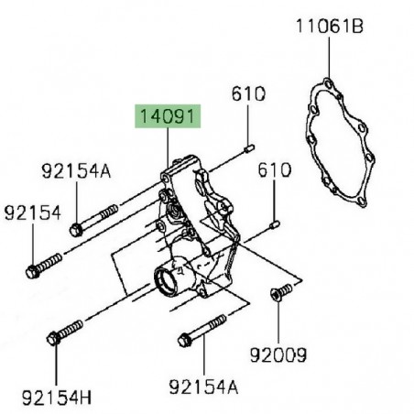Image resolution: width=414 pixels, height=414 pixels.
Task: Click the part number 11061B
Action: [329, 27]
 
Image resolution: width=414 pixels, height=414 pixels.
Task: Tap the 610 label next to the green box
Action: [247, 94]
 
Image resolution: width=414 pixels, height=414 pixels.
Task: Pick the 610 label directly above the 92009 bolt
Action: [274, 170]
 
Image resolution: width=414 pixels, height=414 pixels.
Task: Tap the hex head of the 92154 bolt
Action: [33, 271]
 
